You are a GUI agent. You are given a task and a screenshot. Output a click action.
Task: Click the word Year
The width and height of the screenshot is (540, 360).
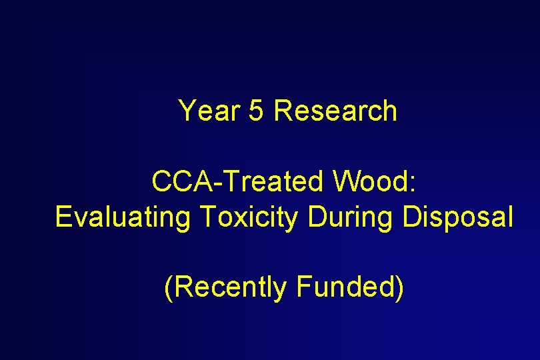pyautogui.click(x=209, y=111)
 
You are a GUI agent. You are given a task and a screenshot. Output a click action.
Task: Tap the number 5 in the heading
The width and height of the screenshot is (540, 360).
pyautogui.click(x=256, y=111)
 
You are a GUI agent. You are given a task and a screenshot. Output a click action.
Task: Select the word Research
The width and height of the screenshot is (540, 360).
pyautogui.click(x=335, y=111)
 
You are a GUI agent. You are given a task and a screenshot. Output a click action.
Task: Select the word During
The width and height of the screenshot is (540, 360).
pyautogui.click(x=349, y=217)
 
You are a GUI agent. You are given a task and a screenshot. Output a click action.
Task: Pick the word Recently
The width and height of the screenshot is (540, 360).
pyautogui.click(x=230, y=287)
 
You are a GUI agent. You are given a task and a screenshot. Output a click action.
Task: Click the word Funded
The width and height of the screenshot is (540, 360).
pyautogui.click(x=345, y=287)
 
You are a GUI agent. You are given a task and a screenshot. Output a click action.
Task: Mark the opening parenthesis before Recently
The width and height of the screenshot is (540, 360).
pyautogui.click(x=168, y=288)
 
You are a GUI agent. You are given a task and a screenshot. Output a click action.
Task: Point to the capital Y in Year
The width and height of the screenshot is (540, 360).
pyautogui.click(x=186, y=111)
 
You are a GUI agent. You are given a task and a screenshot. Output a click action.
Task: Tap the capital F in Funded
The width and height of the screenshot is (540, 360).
pyautogui.click(x=303, y=287)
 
